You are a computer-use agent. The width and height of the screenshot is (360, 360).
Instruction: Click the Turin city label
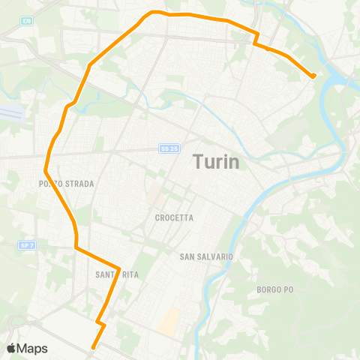[216, 161]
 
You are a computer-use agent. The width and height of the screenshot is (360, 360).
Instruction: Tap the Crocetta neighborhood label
[174, 217]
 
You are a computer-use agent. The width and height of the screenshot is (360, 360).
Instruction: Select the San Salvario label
[207, 256]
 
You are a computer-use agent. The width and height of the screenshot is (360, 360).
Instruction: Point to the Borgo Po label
[277, 289]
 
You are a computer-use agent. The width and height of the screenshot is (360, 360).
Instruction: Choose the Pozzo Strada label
[66, 183]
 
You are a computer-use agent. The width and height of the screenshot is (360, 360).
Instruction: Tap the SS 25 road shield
[169, 148]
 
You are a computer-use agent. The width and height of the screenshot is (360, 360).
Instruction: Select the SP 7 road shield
[27, 244]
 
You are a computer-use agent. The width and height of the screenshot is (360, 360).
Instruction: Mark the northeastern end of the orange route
[313, 76]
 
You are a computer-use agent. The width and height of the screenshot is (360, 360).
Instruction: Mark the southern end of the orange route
[93, 347]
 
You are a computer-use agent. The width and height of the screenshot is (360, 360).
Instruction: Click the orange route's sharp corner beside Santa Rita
[119, 268]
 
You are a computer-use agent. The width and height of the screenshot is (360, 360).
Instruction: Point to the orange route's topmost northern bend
[154, 12]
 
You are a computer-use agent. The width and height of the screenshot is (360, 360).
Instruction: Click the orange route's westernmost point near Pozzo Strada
[46, 171]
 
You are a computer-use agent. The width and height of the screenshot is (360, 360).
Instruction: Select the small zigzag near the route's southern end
[100, 324]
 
